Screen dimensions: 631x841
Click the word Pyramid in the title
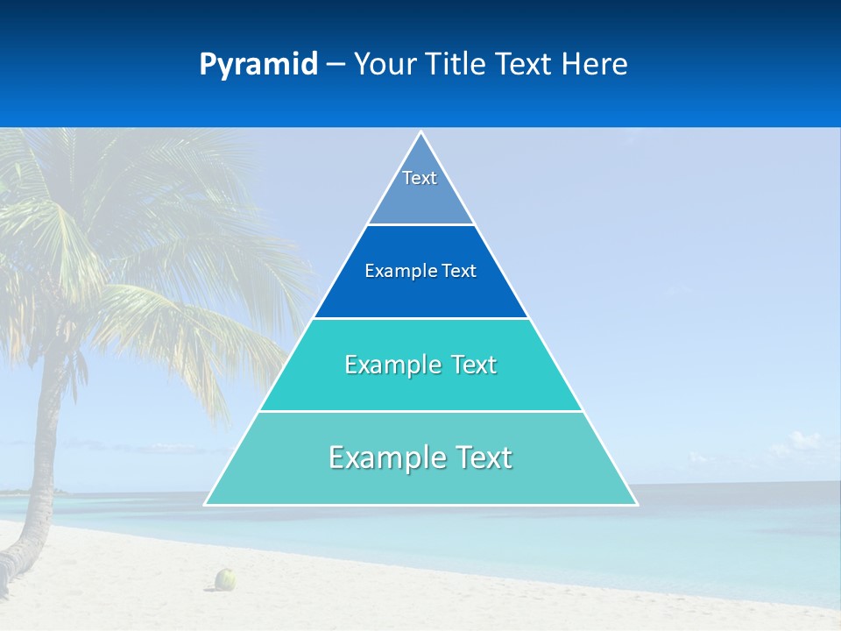258,65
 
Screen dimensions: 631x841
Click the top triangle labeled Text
420,188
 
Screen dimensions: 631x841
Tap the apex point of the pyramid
420,133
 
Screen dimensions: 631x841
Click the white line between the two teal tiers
420,411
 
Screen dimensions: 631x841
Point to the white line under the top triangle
420,225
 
